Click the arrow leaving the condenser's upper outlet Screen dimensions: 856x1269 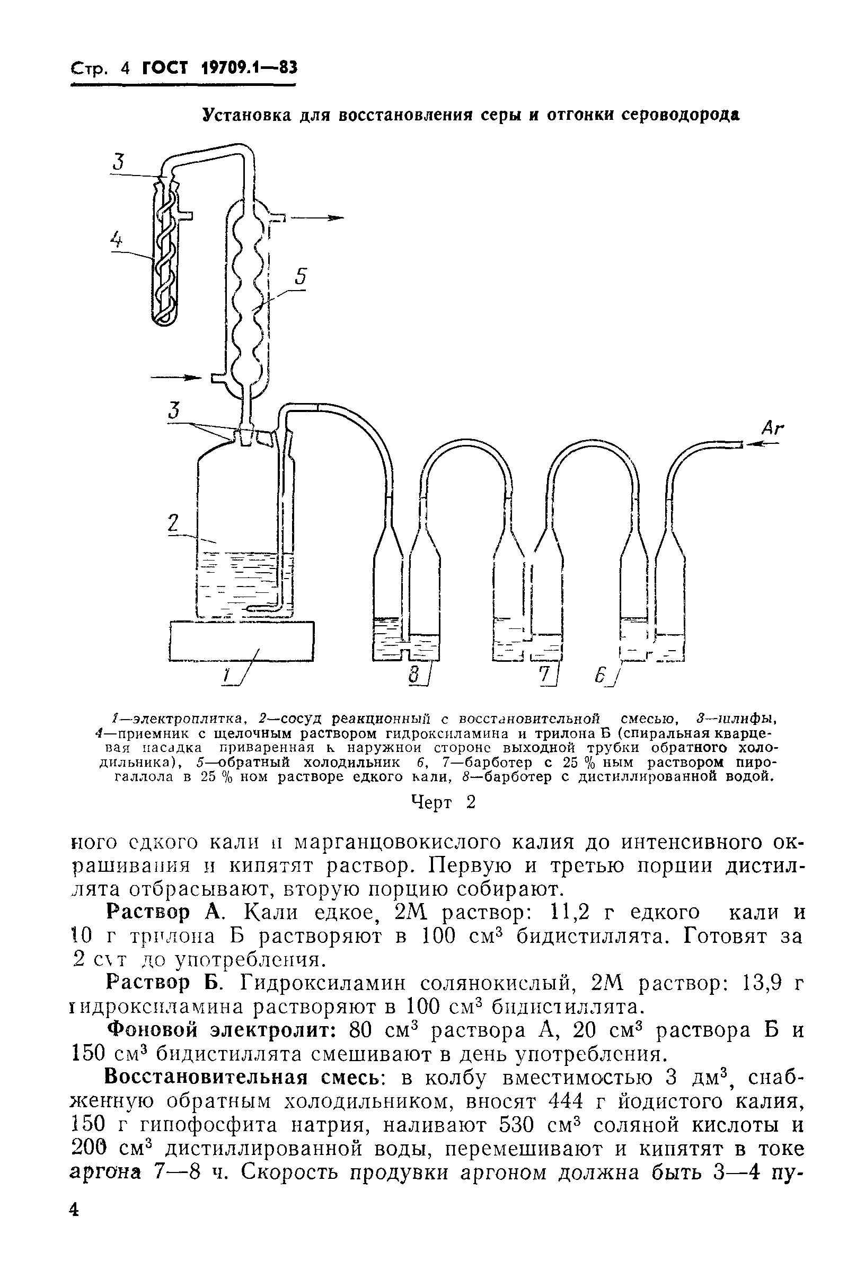pos(316,218)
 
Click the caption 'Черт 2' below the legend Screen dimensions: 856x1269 pos(443,802)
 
